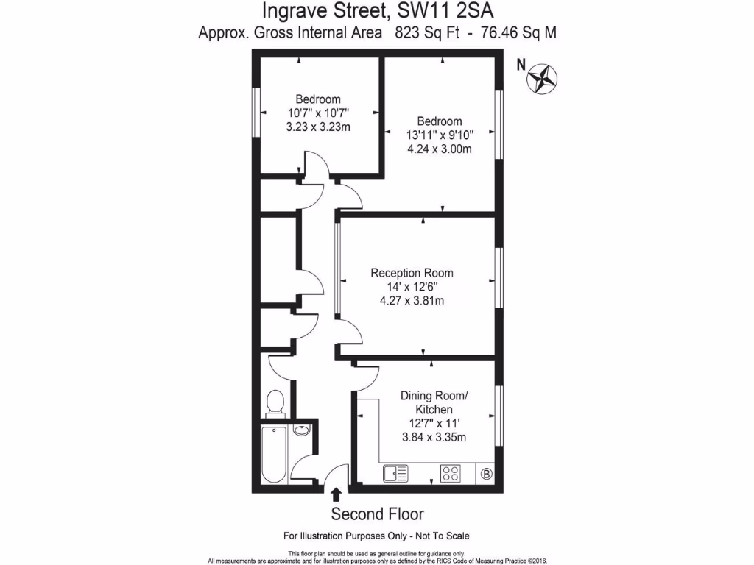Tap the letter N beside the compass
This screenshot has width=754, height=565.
(x=521, y=65)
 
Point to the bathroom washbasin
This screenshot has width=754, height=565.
(x=301, y=430)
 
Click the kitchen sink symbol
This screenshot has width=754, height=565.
(x=395, y=474)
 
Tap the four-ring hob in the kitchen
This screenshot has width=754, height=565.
(x=451, y=474)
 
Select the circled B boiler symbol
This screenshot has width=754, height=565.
(x=486, y=474)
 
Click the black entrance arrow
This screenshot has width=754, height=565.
(x=337, y=494)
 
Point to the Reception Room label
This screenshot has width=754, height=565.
(x=412, y=273)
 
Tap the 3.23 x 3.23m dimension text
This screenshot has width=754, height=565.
(x=318, y=127)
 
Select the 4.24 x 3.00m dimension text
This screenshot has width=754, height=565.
(x=440, y=149)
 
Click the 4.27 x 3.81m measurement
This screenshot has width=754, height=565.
(x=412, y=300)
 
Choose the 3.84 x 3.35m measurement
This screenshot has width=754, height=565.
(x=434, y=437)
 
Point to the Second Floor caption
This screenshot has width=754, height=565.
(x=377, y=514)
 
